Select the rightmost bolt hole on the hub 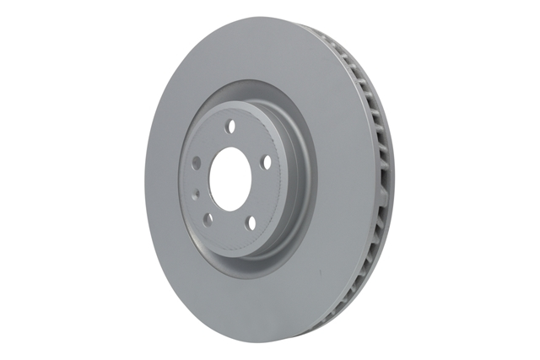point(266,162)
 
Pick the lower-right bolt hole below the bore point(251,222)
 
